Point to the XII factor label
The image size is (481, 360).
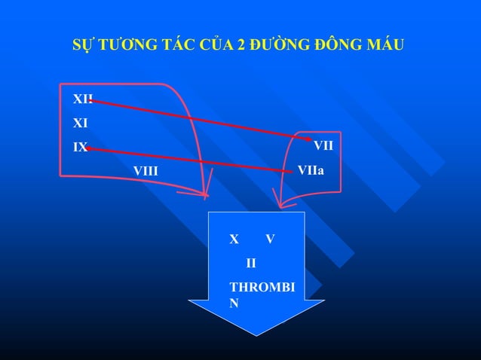(x=82, y=99)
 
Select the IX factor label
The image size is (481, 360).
(x=79, y=148)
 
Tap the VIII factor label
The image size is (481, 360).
(x=146, y=171)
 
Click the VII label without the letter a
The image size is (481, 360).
(x=323, y=145)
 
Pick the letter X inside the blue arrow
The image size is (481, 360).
(x=234, y=239)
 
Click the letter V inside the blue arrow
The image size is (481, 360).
(x=270, y=239)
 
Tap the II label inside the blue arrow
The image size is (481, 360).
(x=251, y=263)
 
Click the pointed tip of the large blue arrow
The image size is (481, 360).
(x=256, y=334)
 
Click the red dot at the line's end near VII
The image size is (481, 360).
(x=309, y=139)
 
